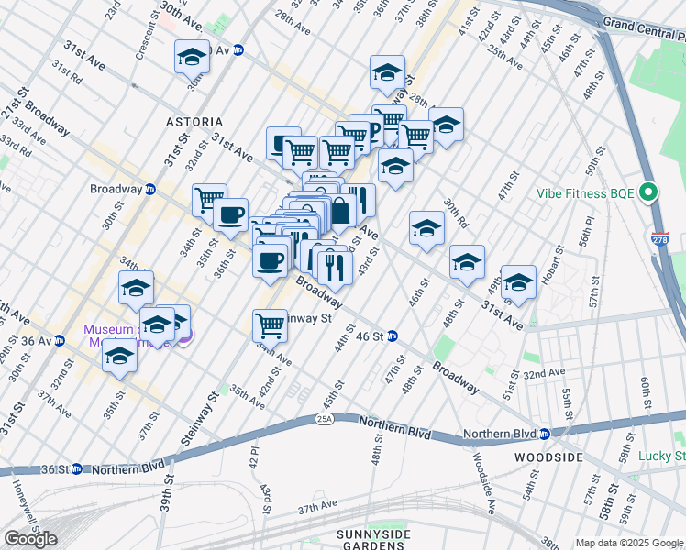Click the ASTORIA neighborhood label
(194, 121)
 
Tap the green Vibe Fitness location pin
(649, 194)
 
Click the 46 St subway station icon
(392, 336)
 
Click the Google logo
(30, 539)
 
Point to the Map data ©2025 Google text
(629, 543)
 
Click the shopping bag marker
(340, 210)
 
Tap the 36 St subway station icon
(77, 469)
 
